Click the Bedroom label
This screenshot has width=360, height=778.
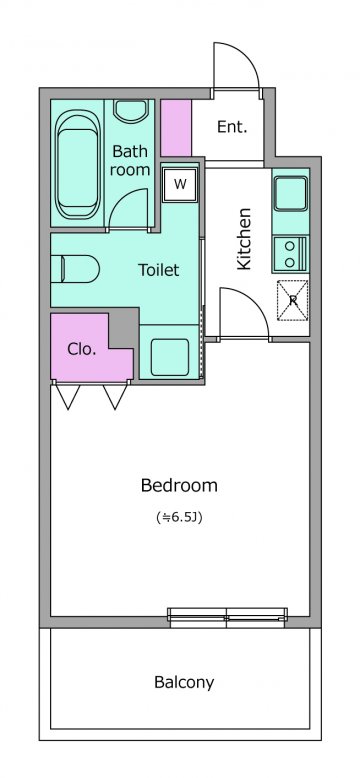pos(179,485)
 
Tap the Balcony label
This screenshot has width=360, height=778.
pos(184,683)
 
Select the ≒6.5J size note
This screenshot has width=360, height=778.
pos(179,518)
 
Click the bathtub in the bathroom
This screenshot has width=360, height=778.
pos(76,164)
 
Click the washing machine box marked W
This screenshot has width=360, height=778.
pos(180,185)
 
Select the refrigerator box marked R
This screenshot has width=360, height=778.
pos(293,300)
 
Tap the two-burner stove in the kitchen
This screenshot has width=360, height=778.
pos(291,254)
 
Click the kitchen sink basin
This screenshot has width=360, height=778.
pos(291,194)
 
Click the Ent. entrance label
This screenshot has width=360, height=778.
pos(232,127)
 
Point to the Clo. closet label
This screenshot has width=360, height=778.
pos(81,349)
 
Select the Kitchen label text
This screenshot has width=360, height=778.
pos(244,239)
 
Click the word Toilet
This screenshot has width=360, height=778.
pos(158,270)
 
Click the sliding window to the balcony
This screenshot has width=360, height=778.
pos(227,615)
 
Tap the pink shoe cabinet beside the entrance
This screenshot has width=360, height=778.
pos(176,128)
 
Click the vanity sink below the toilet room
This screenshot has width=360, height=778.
pos(170,357)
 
